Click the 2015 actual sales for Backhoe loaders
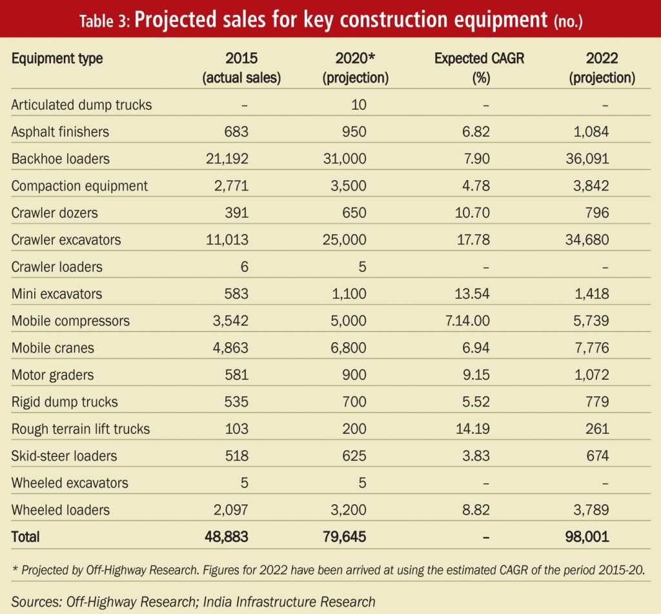click(227, 159)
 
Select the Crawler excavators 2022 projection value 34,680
click(587, 240)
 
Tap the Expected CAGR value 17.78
click(473, 240)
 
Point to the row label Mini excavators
click(57, 294)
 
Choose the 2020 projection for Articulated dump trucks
click(359, 105)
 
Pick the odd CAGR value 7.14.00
click(467, 320)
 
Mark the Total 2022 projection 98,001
click(587, 537)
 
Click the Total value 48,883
click(227, 537)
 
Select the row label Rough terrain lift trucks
click(81, 429)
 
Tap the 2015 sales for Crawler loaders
click(245, 267)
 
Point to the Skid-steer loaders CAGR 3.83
click(476, 456)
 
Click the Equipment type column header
click(57, 58)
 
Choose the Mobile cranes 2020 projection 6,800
click(348, 347)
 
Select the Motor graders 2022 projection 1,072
click(591, 374)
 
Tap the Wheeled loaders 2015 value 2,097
click(230, 510)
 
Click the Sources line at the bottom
click(193, 602)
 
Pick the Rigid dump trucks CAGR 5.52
click(476, 402)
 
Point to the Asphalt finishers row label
click(60, 132)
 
